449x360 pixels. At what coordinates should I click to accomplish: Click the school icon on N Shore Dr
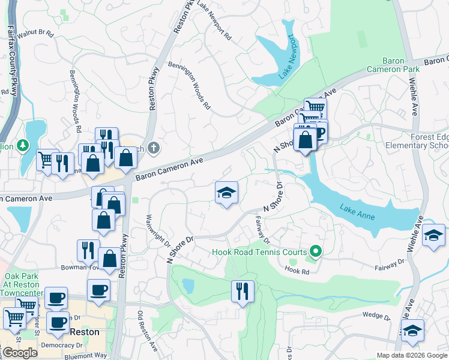[226, 193]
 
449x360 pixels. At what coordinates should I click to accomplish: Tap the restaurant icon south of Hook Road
[243, 292]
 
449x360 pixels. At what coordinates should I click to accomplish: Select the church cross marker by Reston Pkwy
[154, 147]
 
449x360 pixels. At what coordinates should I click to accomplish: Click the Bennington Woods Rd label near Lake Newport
[189, 85]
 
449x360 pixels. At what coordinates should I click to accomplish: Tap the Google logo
[19, 353]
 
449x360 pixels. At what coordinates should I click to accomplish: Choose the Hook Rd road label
[297, 271]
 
